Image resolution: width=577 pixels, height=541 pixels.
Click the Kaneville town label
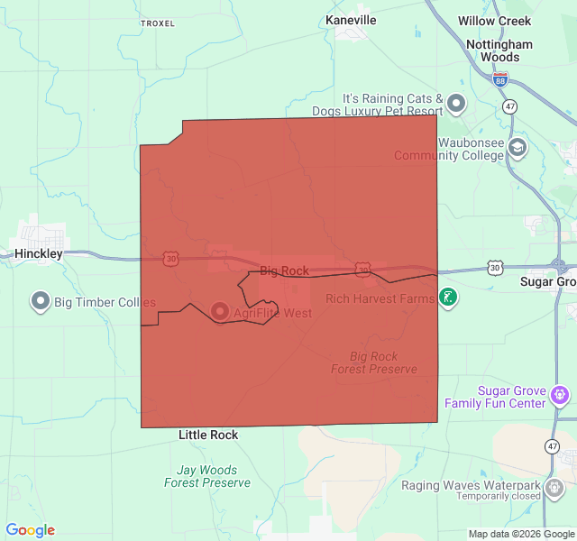[x=351, y=20]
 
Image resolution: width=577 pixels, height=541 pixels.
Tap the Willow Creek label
[x=495, y=20]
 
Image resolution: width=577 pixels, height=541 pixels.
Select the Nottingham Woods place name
[x=499, y=50]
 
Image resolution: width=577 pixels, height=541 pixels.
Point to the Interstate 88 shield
[x=500, y=79]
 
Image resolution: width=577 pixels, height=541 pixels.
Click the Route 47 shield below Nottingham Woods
[x=510, y=106]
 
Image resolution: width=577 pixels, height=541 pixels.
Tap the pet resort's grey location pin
[x=456, y=103]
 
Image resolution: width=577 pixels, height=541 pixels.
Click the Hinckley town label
[x=39, y=254]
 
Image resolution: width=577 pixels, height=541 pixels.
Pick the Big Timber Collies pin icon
[x=40, y=301]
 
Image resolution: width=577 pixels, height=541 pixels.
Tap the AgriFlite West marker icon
[x=220, y=312]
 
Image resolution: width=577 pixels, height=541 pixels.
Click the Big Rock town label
[x=284, y=270]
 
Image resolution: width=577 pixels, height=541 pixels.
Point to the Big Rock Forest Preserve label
[x=373, y=362]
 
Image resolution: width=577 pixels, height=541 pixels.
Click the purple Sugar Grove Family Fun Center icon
[x=561, y=395]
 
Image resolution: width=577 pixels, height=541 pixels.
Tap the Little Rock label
[x=208, y=435]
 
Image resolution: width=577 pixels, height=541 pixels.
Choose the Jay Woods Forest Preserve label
[x=207, y=476]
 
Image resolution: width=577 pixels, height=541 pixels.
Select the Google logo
[x=31, y=530]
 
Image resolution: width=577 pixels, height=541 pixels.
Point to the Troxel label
[x=158, y=23]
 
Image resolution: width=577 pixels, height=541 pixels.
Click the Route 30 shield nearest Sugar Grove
[x=495, y=268]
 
